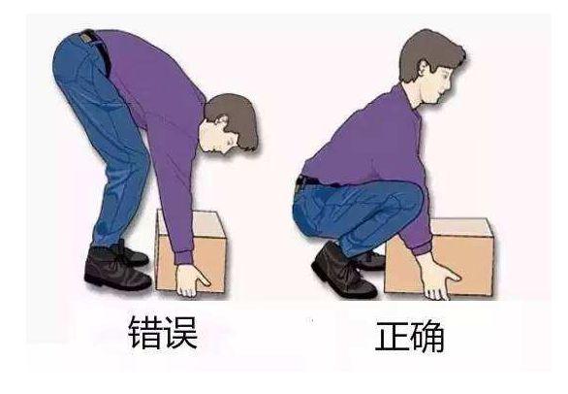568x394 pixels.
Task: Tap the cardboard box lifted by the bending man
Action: point(194,250)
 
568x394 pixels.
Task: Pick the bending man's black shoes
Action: point(114,267)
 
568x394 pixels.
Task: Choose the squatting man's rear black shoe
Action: point(337,272)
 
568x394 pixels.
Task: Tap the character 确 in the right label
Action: point(426,336)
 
